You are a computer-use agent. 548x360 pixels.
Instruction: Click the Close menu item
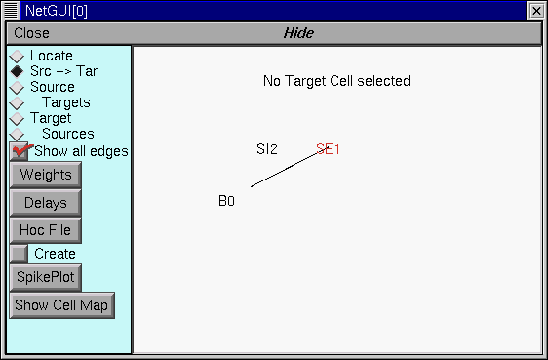click(x=32, y=33)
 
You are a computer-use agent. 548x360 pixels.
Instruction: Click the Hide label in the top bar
click(x=298, y=33)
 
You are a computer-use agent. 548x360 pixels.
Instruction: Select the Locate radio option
click(x=17, y=56)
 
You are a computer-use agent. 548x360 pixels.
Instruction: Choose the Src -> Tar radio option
click(x=17, y=71)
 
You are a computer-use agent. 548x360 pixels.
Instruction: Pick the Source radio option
click(x=17, y=87)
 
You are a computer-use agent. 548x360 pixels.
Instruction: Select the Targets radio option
click(x=17, y=102)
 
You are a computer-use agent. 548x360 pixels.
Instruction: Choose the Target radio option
click(x=17, y=118)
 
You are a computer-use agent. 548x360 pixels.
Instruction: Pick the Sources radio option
click(x=17, y=134)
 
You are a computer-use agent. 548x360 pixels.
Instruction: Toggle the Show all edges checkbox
click(x=20, y=151)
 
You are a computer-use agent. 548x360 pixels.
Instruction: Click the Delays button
click(x=45, y=203)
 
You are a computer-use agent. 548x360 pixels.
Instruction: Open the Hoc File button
click(x=45, y=230)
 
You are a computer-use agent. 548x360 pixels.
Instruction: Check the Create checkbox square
click(x=19, y=254)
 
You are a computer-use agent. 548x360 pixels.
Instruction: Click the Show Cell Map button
click(x=61, y=304)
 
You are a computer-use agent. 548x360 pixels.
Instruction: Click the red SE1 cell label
click(x=329, y=149)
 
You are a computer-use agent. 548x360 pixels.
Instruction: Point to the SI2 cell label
click(x=267, y=149)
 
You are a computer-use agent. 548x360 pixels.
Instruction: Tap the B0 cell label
click(x=226, y=201)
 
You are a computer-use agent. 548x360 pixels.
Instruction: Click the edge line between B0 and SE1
click(x=284, y=170)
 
